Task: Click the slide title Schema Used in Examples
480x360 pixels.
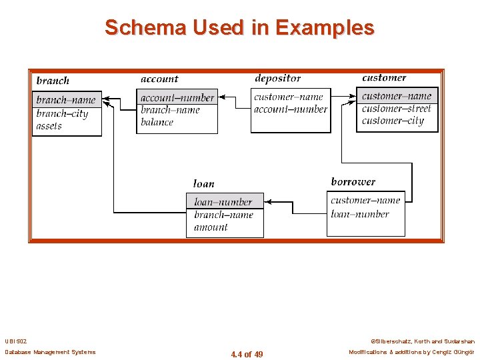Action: click(239, 27)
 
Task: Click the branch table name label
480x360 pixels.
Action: click(53, 81)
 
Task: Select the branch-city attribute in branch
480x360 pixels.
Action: click(62, 113)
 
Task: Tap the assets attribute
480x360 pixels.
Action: click(49, 126)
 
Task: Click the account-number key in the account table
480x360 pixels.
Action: click(177, 98)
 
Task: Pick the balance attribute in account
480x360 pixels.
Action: click(157, 122)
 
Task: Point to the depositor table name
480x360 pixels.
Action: click(277, 79)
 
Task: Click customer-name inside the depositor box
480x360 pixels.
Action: click(289, 97)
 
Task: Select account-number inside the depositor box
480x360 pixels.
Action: click(291, 109)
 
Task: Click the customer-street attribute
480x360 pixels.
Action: click(397, 108)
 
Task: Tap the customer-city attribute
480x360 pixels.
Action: click(393, 121)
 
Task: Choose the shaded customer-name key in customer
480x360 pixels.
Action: click(397, 96)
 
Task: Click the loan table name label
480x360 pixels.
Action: click(203, 184)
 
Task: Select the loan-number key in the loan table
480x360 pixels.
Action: click(223, 202)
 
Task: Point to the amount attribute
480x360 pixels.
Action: click(211, 227)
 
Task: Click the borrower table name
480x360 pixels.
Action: click(353, 182)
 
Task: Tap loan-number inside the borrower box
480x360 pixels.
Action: click(359, 214)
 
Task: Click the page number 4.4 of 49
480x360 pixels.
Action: click(247, 355)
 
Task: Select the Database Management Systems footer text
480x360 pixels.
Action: click(50, 352)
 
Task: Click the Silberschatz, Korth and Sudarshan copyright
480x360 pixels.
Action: click(421, 341)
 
